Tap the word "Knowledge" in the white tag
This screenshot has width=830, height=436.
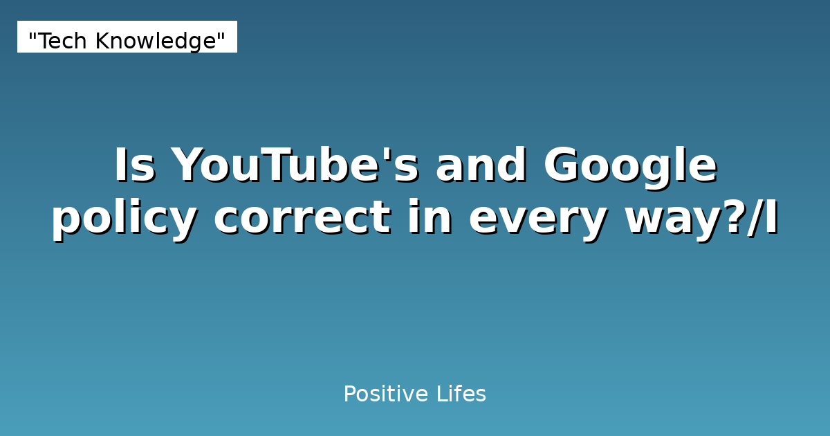156,42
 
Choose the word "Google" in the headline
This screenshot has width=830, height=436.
630,166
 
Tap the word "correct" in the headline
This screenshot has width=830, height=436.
301,219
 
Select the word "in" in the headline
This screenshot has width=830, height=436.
430,219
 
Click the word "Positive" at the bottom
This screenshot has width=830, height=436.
385,394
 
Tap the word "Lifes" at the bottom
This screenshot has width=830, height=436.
461,394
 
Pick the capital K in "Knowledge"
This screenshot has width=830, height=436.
102,42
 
